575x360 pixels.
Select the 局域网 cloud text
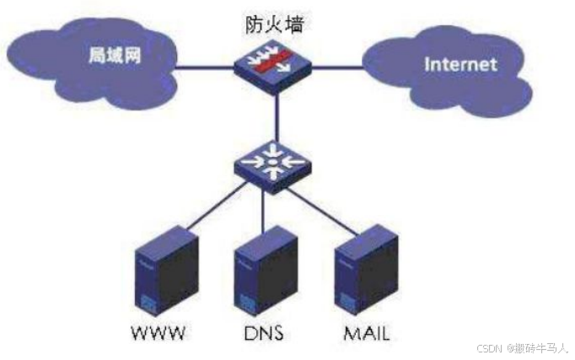pos(115,57)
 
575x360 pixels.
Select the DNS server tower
pos(262,272)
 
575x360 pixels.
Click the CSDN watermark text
pos(522,348)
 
